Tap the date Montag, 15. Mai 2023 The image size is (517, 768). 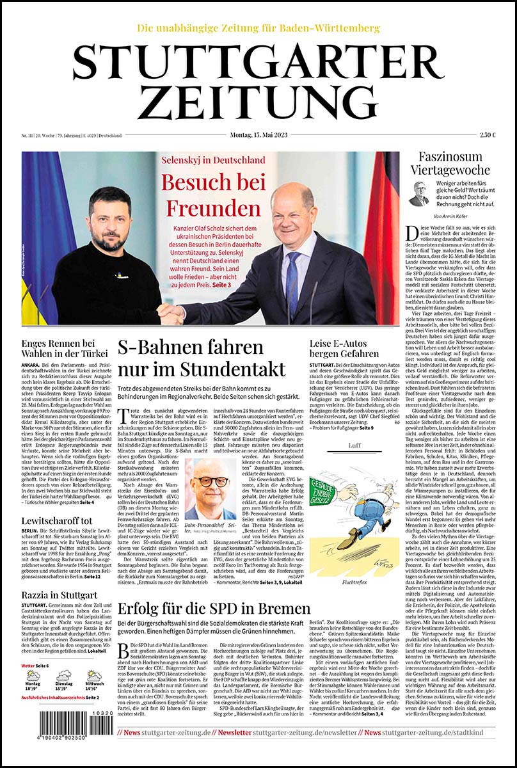(x=258, y=135)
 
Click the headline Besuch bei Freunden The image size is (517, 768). (x=213, y=195)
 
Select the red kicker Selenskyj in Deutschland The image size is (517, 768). (x=213, y=159)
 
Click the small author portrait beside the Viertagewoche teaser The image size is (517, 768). (x=419, y=194)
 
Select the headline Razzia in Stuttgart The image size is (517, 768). (x=58, y=596)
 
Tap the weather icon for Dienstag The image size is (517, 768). (x=64, y=676)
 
